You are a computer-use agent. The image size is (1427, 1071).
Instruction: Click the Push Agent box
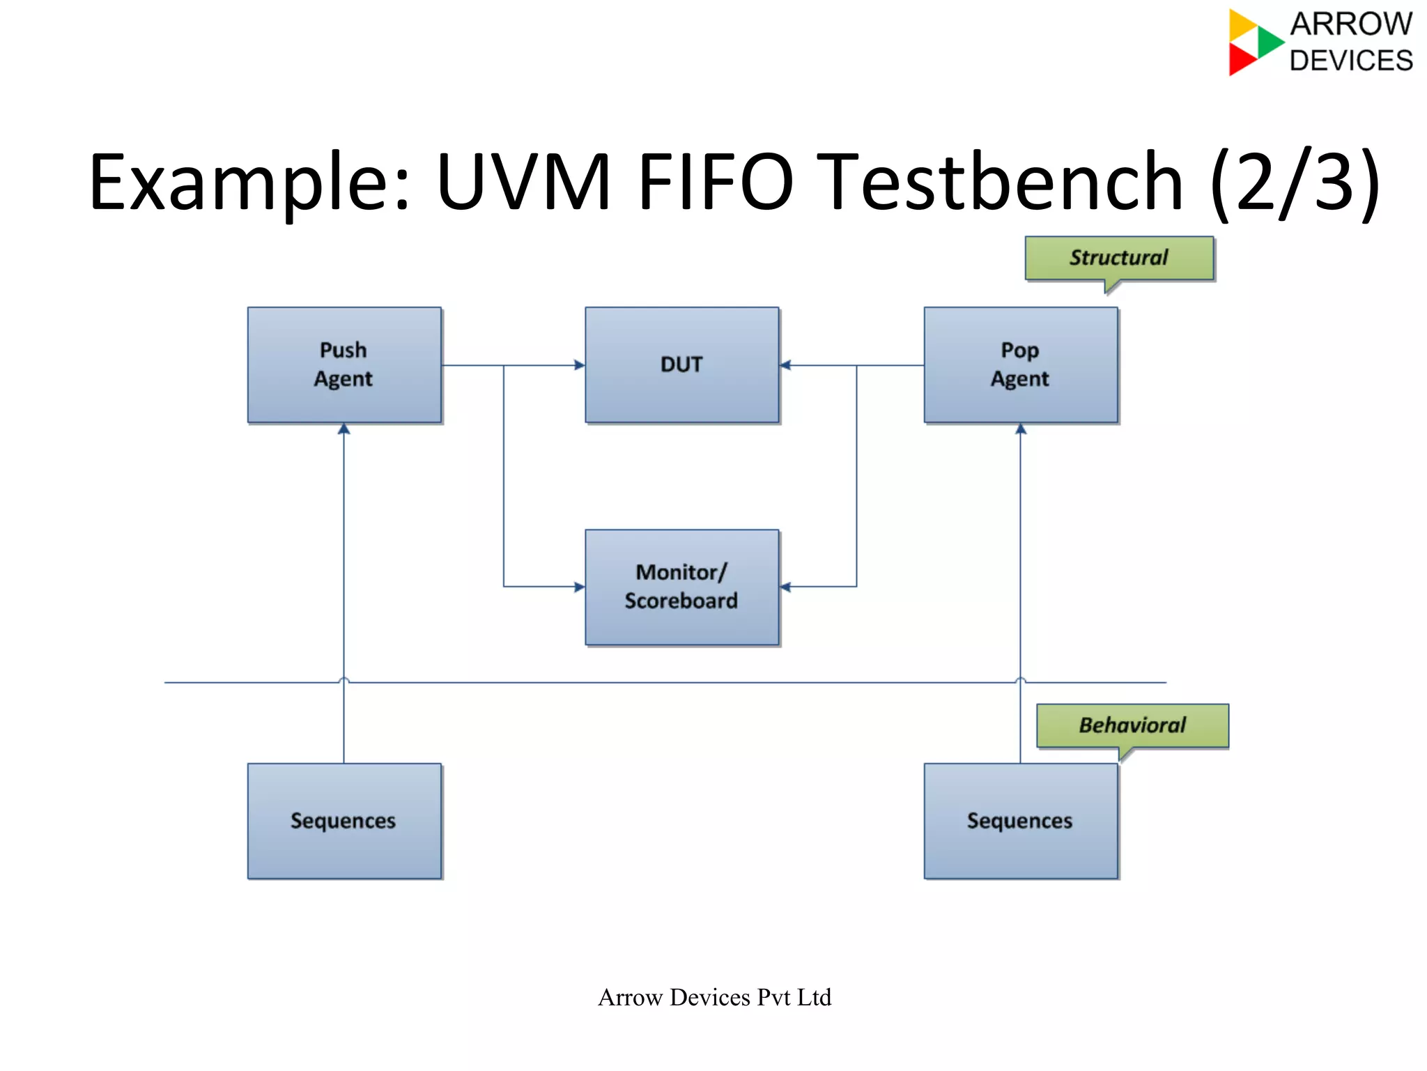click(344, 364)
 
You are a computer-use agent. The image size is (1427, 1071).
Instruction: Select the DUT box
click(681, 364)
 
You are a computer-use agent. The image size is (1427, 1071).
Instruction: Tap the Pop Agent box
click(1020, 364)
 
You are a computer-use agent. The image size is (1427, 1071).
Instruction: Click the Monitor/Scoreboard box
click(681, 587)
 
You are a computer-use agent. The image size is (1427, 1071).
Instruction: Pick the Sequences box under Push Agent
click(344, 821)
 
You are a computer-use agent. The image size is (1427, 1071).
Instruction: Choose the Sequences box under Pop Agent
click(1020, 821)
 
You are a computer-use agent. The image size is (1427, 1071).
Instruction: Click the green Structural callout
click(1119, 258)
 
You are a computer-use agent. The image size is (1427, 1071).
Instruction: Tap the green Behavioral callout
click(1132, 725)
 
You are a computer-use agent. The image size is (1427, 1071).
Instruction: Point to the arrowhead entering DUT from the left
click(579, 365)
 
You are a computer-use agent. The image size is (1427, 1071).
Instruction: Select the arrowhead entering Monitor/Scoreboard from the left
click(579, 587)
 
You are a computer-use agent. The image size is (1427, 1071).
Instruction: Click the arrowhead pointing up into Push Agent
click(344, 429)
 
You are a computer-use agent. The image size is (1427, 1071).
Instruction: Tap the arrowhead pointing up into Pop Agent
click(1021, 429)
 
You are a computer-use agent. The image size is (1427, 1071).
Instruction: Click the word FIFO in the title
click(716, 183)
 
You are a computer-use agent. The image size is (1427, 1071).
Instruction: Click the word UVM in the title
click(524, 183)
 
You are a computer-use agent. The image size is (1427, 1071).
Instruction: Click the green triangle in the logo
click(1269, 42)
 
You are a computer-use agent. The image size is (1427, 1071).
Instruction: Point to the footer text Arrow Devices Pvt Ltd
click(714, 997)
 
